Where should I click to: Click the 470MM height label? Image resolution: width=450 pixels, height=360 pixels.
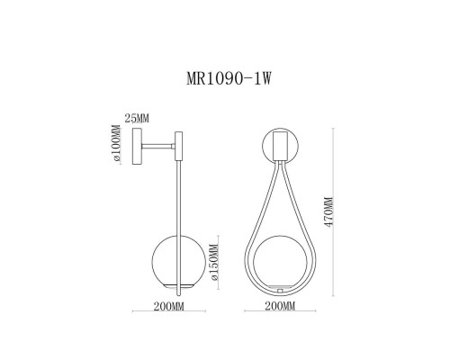point(329,212)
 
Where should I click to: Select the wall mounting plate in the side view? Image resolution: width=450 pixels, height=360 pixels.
point(136,146)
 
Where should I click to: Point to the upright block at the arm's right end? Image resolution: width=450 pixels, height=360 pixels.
point(180,145)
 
